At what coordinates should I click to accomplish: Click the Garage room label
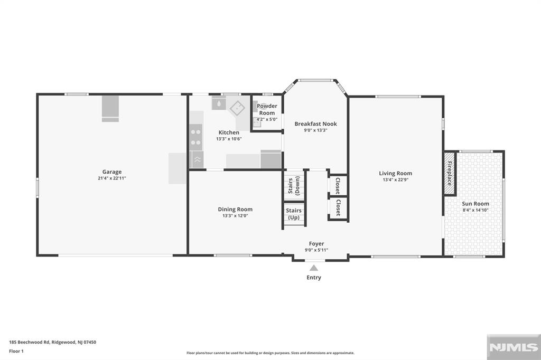112,172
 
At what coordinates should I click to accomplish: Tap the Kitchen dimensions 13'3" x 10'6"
229,139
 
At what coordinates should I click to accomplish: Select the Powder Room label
267,109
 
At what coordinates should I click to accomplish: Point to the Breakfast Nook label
315,124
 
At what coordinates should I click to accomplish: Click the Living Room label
395,173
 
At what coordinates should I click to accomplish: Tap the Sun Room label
475,203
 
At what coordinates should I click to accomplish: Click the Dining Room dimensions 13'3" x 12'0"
235,216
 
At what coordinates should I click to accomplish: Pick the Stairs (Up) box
294,214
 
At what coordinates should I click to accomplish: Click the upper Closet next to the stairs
338,185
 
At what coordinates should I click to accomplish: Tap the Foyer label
316,243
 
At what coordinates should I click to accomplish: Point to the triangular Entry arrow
314,268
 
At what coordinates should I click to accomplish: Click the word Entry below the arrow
314,278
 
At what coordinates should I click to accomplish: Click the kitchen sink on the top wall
219,103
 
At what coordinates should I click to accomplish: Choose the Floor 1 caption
16,351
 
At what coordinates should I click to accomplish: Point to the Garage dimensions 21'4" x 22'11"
112,178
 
